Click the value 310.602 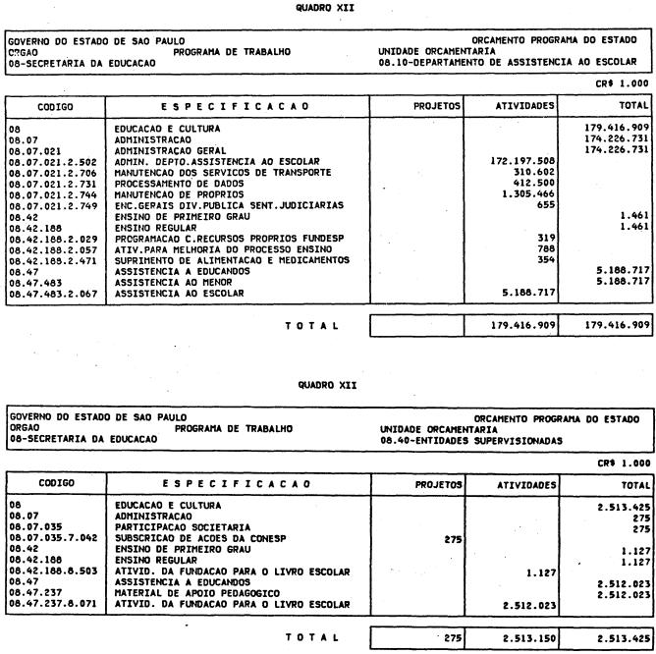click(x=532, y=172)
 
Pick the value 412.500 click(x=532, y=183)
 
